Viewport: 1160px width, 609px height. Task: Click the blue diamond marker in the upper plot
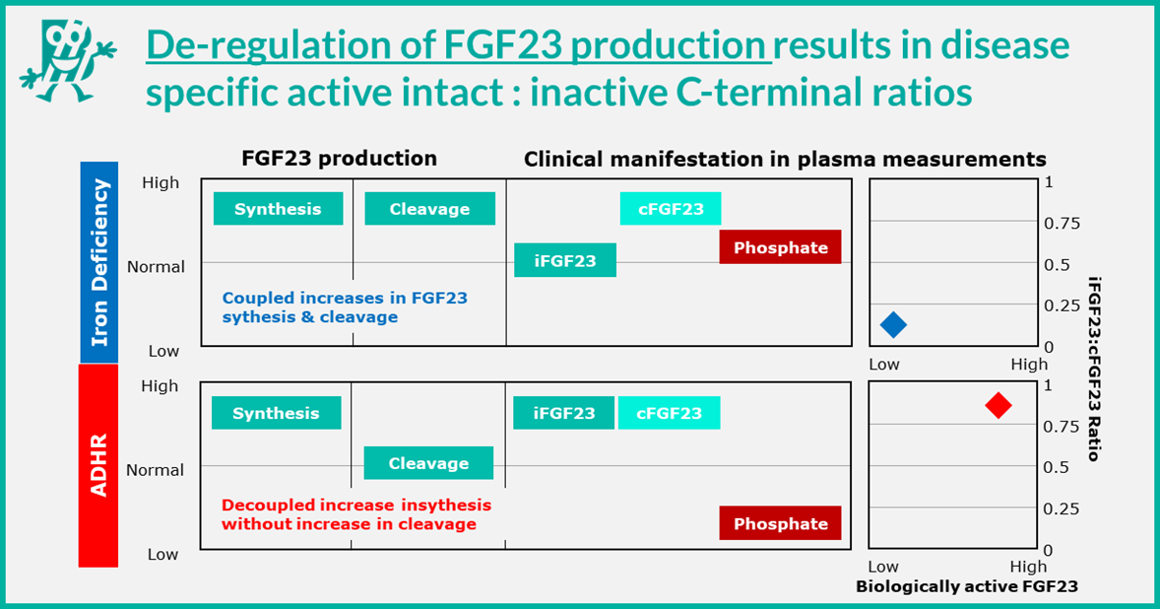point(893,323)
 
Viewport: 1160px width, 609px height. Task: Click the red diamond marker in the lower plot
point(998,405)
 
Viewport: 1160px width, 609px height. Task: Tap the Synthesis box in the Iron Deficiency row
point(278,209)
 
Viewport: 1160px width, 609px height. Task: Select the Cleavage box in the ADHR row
point(428,463)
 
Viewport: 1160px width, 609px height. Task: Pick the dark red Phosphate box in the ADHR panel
point(780,523)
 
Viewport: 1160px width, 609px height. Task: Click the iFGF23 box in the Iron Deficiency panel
point(565,261)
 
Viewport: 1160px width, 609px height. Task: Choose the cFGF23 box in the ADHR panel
point(670,413)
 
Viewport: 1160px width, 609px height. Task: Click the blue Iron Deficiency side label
point(98,262)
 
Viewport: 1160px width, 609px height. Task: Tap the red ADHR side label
point(98,464)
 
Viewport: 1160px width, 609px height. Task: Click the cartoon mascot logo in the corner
point(64,59)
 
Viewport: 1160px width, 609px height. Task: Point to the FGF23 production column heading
point(339,159)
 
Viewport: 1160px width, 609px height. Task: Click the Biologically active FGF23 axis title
point(966,586)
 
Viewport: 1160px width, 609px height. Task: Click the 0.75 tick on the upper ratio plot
point(1062,224)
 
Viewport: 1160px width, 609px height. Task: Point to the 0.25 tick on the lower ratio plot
point(1062,508)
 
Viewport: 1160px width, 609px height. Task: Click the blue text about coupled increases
point(345,307)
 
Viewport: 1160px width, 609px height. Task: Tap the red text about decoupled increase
point(355,514)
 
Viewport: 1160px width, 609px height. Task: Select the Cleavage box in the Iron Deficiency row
point(429,209)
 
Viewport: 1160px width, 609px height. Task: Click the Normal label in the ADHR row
point(156,470)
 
